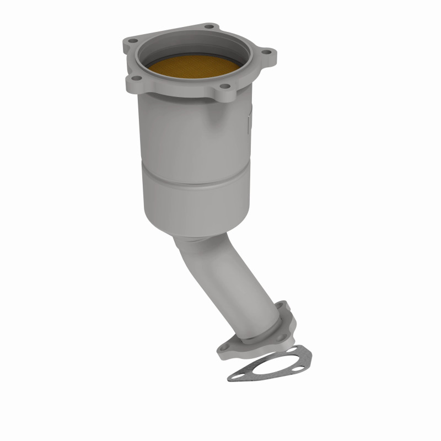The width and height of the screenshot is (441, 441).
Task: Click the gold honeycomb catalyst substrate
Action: click(x=196, y=71)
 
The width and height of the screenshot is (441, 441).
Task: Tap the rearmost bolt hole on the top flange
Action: click(x=208, y=26)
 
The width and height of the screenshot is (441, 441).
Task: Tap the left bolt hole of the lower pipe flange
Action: click(x=226, y=348)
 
